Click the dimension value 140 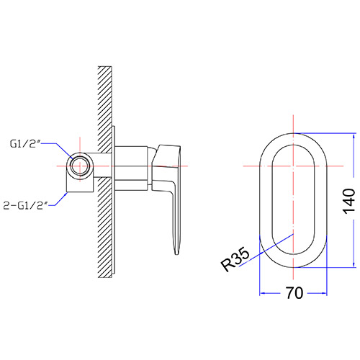click(x=348, y=201)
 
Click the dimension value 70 click(x=294, y=293)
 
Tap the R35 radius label click(x=235, y=259)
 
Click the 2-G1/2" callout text click(x=26, y=205)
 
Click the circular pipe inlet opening click(x=80, y=166)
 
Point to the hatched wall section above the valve click(x=105, y=109)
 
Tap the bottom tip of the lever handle click(x=176, y=253)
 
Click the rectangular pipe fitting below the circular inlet click(x=80, y=184)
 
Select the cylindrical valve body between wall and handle click(x=131, y=168)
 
